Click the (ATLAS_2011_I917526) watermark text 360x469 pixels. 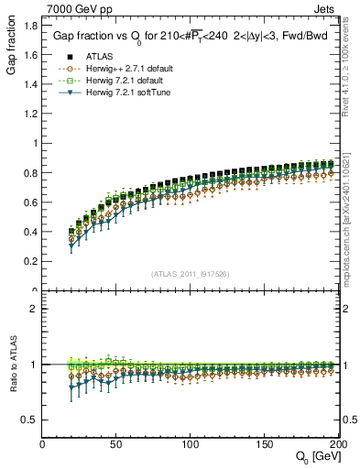click(191, 273)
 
